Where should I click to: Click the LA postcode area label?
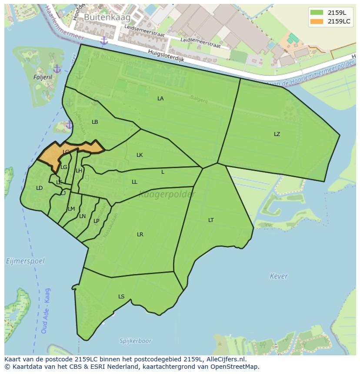pyautogui.click(x=160, y=99)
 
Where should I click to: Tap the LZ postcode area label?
pyautogui.click(x=277, y=134)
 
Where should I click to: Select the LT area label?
pyautogui.click(x=211, y=220)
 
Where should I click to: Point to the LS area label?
pyautogui.click(x=121, y=297)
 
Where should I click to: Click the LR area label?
pyautogui.click(x=140, y=235)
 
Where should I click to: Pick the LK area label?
pyautogui.click(x=140, y=155)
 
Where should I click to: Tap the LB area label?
pyautogui.click(x=95, y=122)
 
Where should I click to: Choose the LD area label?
pyautogui.click(x=40, y=188)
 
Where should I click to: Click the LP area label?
pyautogui.click(x=97, y=221)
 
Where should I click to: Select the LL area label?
pyautogui.click(x=134, y=182)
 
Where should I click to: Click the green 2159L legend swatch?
pyautogui.click(x=317, y=13)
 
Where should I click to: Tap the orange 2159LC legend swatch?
pyautogui.click(x=317, y=21)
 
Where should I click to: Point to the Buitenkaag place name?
pyautogui.click(x=101, y=17)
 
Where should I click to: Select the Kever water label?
pyautogui.click(x=279, y=276)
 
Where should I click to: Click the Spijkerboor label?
pyautogui.click(x=136, y=341)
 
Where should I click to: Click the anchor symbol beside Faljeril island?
pyautogui.click(x=57, y=69)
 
